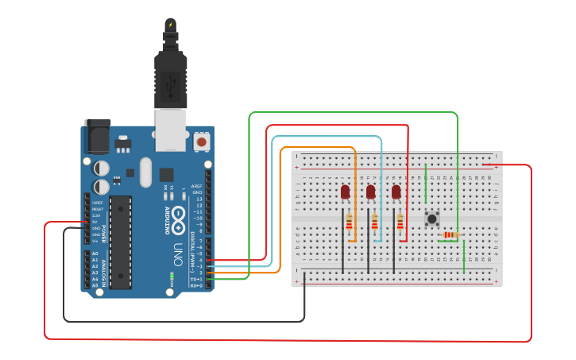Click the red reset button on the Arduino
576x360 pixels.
202,141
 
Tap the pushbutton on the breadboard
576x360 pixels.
432,219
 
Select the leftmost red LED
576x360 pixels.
345,192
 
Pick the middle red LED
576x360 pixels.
370,192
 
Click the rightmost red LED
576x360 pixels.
396,192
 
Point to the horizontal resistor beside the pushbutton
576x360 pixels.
450,234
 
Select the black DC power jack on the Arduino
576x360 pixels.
97,137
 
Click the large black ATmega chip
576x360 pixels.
121,242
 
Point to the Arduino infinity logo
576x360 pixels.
179,219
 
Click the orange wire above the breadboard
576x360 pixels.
318,148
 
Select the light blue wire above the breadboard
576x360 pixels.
326,137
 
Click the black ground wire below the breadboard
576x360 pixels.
183,321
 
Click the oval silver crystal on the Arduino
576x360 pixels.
145,172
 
